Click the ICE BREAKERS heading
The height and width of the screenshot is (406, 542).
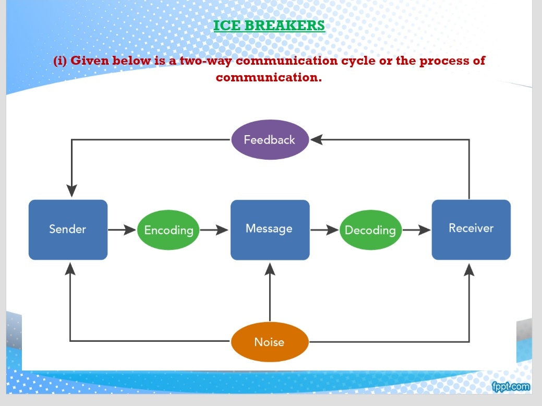coord(269,25)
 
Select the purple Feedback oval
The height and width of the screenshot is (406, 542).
coord(270,140)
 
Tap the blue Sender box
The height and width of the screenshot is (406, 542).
coord(68,229)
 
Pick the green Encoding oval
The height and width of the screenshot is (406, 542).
coord(168,230)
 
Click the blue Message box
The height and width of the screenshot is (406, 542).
coord(270,229)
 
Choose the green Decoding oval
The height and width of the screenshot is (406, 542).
coord(370,230)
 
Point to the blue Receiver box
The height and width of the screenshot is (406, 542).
coord(471,229)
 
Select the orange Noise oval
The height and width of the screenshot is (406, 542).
coord(270,342)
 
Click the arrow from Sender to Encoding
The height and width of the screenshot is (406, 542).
coord(122,229)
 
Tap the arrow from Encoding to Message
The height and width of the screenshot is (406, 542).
coord(214,229)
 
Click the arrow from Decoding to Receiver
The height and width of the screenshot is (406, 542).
coord(416,229)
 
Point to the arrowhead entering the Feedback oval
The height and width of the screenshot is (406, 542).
coord(317,140)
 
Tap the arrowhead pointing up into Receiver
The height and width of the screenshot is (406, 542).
coord(469,269)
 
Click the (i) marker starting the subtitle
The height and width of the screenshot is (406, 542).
coord(61,61)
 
